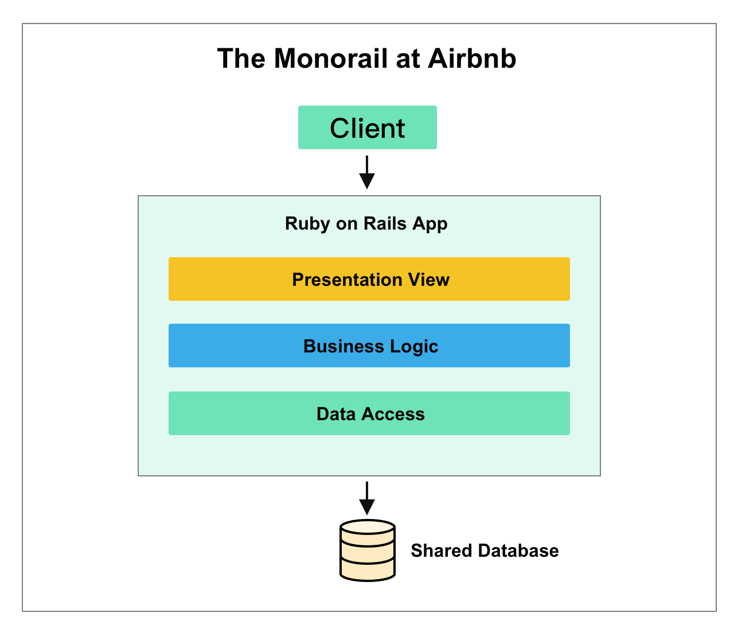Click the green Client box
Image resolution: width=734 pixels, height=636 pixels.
367,127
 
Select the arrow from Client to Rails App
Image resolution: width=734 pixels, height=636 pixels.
367,173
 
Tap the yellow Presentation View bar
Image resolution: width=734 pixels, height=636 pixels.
369,279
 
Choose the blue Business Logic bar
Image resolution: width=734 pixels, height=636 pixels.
369,346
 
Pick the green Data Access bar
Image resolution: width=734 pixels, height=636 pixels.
369,413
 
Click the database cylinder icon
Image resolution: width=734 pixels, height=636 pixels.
367,551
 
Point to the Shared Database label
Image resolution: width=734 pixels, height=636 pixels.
485,550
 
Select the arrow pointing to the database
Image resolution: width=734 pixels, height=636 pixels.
367,498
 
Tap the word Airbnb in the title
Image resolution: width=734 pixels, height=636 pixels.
472,59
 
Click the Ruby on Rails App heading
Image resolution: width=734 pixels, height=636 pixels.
366,223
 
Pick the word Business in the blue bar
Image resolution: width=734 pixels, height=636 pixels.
343,346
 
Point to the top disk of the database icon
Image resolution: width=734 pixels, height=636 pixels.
367,527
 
